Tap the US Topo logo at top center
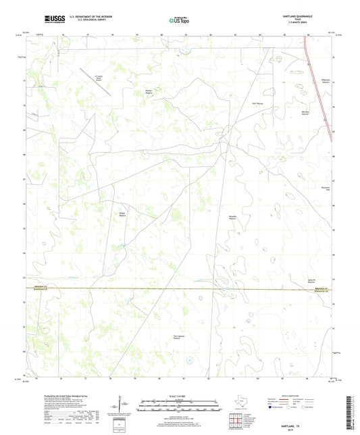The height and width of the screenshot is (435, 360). (179, 21)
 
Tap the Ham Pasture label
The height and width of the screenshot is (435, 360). (257, 103)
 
